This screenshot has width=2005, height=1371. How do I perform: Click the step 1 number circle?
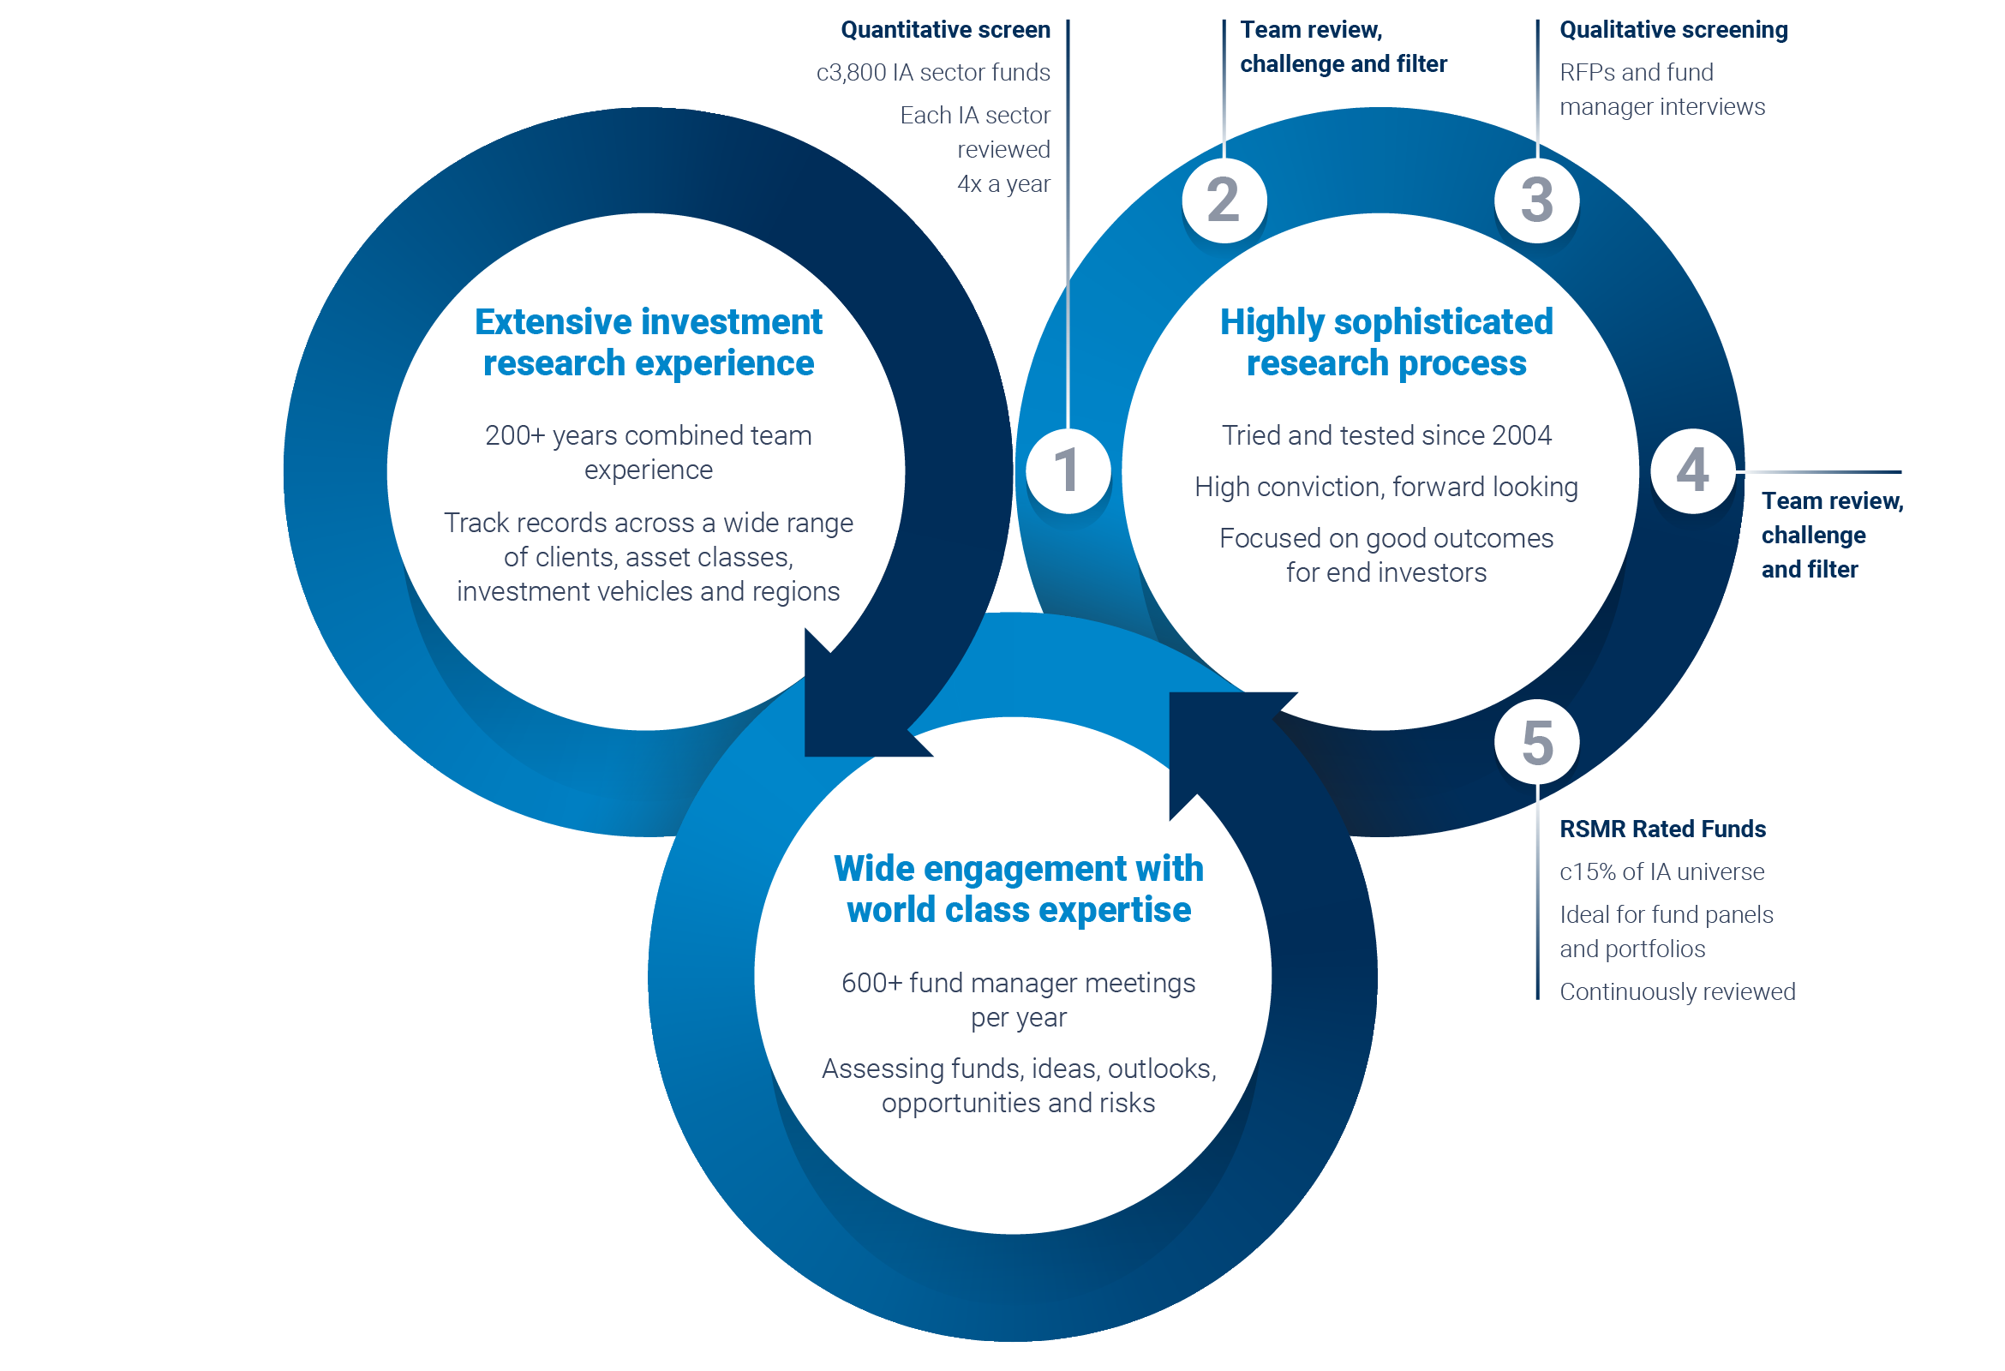pos(1068,471)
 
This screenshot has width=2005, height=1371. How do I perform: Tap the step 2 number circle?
pos(1224,201)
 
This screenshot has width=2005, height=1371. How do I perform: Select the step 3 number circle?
pos(1536,201)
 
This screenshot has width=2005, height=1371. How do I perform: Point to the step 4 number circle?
pos(1693,471)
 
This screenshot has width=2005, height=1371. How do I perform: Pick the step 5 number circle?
pos(1536,742)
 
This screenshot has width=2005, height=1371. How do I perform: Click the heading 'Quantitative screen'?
pos(946,30)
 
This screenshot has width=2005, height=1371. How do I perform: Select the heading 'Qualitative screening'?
pos(1673,30)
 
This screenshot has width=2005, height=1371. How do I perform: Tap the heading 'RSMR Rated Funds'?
pos(1662,829)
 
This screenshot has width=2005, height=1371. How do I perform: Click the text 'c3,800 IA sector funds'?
pos(932,73)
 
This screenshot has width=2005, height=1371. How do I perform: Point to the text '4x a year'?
pos(1003,183)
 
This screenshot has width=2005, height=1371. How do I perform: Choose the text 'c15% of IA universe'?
pos(1661,871)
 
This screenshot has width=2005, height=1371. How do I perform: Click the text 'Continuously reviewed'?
pos(1677,991)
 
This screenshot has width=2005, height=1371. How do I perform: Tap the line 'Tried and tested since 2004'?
pos(1386,435)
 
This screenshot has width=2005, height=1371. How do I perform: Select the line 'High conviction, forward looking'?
pos(1386,488)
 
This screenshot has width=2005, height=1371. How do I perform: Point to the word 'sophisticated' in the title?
pos(1444,323)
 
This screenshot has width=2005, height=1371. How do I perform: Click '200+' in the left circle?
pos(514,435)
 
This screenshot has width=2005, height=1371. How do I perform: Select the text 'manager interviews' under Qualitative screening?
pos(1661,107)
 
